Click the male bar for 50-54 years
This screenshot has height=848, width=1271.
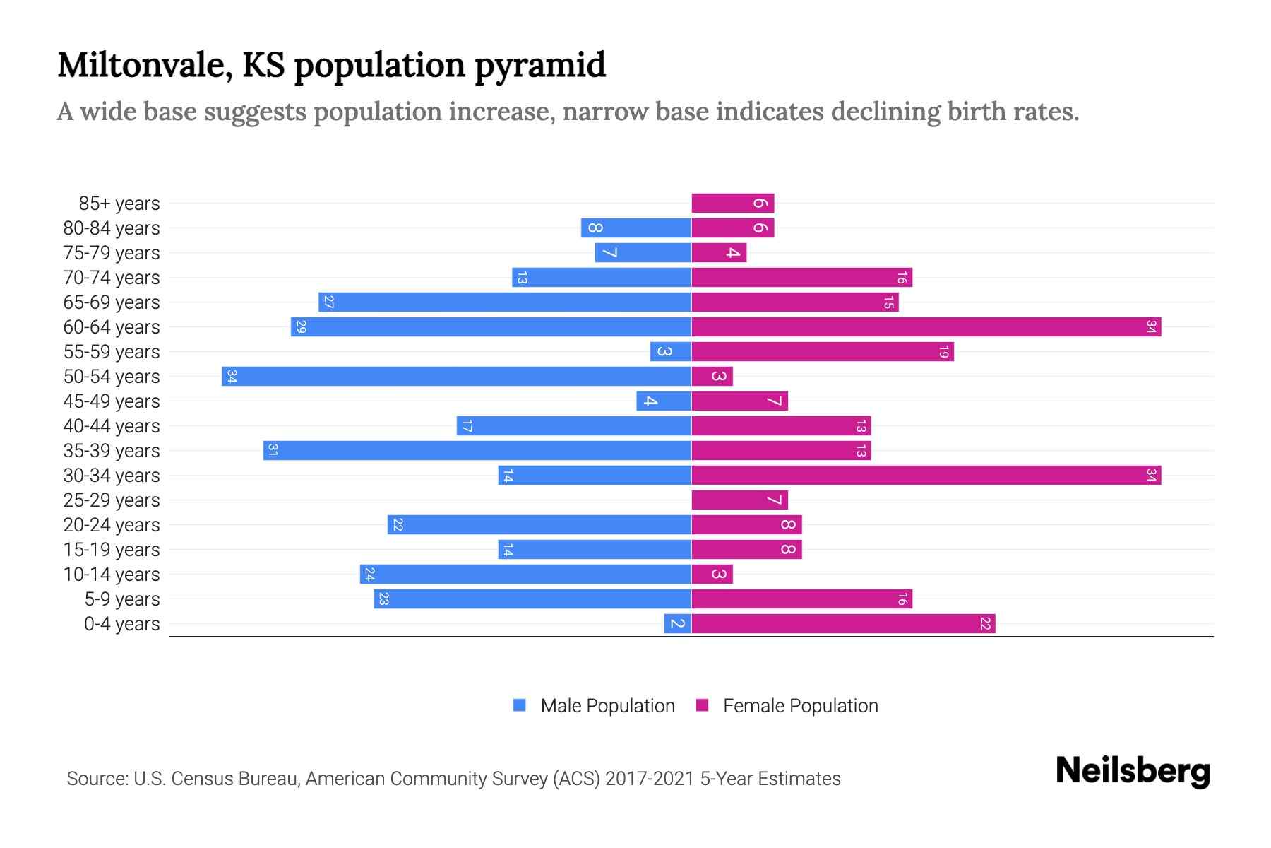click(456, 376)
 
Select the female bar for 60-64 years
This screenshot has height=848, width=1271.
click(926, 326)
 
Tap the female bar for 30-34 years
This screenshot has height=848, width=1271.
click(926, 475)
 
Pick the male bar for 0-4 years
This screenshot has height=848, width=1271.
click(677, 623)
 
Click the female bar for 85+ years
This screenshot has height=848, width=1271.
click(732, 203)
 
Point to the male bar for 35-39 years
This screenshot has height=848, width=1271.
click(477, 450)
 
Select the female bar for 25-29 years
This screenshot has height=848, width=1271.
click(739, 500)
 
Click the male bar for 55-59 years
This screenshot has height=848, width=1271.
click(670, 351)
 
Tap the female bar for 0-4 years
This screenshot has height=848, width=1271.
click(843, 623)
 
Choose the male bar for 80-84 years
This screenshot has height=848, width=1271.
click(635, 228)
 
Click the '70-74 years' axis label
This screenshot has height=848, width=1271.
click(112, 277)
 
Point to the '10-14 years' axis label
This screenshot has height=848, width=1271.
click(112, 574)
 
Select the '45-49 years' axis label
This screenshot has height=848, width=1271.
click(112, 401)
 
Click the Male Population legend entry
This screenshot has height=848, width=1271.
click(594, 705)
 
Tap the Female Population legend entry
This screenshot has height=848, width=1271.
click(787, 705)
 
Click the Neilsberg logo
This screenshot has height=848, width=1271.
click(1133, 771)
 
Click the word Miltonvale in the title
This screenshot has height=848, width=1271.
click(145, 65)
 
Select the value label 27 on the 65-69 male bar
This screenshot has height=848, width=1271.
click(328, 302)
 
